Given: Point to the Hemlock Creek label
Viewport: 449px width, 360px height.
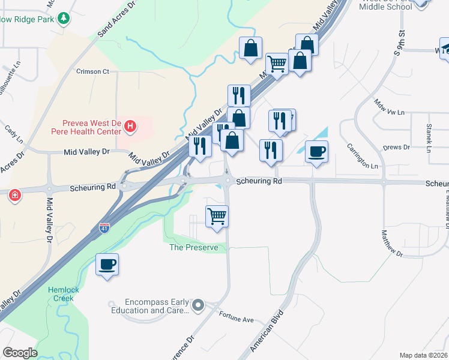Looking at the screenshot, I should tap(61, 293).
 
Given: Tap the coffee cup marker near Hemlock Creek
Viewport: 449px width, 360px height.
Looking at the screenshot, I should tap(107, 264).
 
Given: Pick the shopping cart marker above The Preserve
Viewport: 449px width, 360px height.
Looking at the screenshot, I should tap(217, 216).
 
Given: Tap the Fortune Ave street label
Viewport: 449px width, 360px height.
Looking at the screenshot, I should tap(236, 317).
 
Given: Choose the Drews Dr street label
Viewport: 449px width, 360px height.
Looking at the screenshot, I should tap(396, 147).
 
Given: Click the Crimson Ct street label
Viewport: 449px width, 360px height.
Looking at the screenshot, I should tap(92, 71).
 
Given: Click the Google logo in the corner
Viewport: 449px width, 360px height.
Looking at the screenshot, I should tap(20, 353).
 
